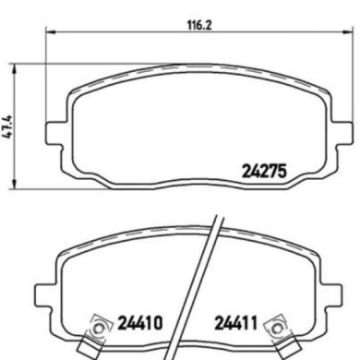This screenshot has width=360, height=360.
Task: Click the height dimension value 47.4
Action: point(8,122)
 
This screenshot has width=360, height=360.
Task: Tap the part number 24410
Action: point(140,324)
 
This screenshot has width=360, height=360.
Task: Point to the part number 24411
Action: point(236,324)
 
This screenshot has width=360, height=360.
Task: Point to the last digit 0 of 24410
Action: point(158,324)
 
